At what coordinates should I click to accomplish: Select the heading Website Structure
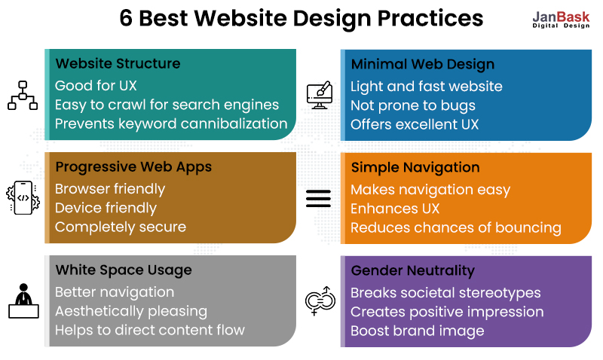point(118,63)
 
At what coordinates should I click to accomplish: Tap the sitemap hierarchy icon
point(22,96)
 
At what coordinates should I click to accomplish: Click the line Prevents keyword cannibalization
point(171,124)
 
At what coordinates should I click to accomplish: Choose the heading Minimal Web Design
point(422,64)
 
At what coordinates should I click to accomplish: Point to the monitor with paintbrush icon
point(319,96)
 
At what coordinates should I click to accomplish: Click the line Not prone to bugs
point(412,105)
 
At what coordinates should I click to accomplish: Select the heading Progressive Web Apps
point(133,166)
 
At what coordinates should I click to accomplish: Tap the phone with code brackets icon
point(22,198)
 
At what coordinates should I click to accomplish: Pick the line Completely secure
point(121,227)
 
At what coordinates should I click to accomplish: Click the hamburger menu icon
point(318,198)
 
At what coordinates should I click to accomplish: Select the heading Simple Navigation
point(415,167)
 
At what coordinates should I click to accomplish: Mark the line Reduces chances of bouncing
point(456,227)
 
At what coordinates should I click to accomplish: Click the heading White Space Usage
point(124,270)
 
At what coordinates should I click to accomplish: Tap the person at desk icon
point(22,301)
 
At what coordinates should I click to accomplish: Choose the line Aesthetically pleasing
point(131,311)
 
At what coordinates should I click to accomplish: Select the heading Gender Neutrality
point(412,270)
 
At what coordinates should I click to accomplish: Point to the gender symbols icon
point(318,301)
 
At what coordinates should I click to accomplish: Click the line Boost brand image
point(417,331)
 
